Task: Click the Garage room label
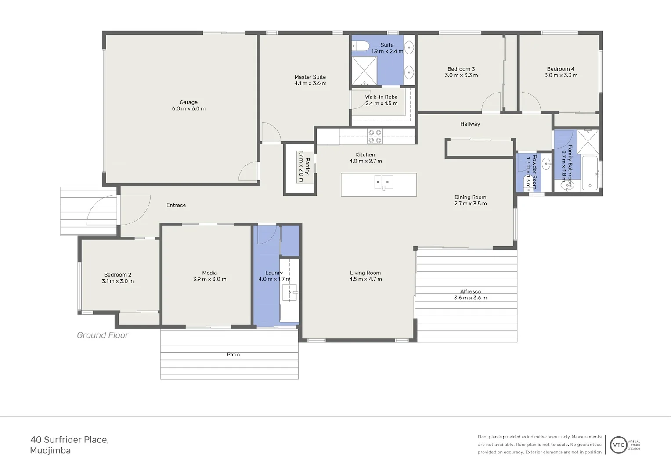(x=188, y=102)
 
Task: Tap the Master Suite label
(x=310, y=77)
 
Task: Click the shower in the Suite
(x=364, y=70)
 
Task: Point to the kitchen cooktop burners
(x=375, y=136)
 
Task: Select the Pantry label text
(x=307, y=166)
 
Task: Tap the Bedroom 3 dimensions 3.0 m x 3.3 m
(x=461, y=75)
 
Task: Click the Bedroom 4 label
(x=560, y=69)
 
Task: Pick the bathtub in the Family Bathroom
(x=589, y=173)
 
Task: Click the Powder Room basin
(x=546, y=164)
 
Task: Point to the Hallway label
(x=470, y=124)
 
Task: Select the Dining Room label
(x=470, y=197)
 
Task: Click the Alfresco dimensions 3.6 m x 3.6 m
(x=470, y=298)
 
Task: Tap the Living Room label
(x=365, y=273)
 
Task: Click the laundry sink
(x=290, y=292)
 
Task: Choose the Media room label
(x=209, y=273)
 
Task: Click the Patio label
(x=233, y=355)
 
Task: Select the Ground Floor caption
(x=102, y=335)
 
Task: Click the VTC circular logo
(x=618, y=445)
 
